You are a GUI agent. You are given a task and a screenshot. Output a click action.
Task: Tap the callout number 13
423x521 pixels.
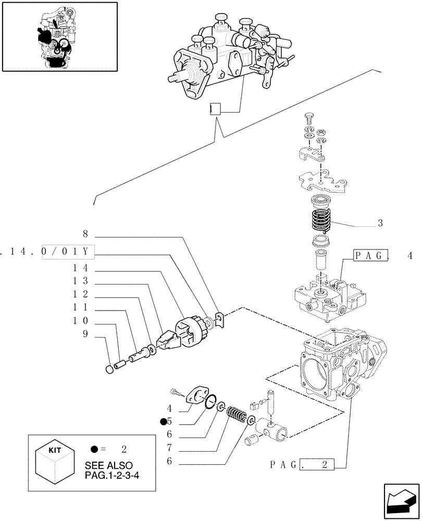pyautogui.click(x=81, y=280)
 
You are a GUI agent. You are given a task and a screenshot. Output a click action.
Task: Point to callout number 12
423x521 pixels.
pyautogui.click(x=81, y=293)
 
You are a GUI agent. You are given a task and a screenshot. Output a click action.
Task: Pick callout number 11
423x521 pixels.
pyautogui.click(x=81, y=307)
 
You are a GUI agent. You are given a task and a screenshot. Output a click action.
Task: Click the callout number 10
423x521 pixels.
pyautogui.click(x=81, y=320)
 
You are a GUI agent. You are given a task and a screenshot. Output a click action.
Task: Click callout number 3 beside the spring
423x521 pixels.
pyautogui.click(x=381, y=223)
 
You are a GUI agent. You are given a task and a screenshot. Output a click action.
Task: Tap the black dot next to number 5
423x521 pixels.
pyautogui.click(x=164, y=422)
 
